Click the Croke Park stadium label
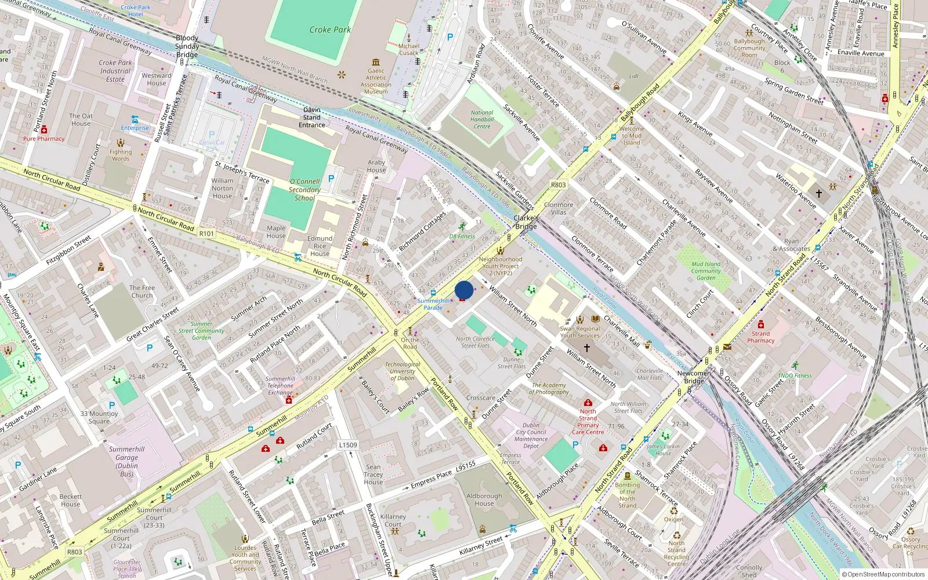coord(329,30)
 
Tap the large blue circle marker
coord(464,290)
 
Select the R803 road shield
coord(558,185)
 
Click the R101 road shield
coord(206,234)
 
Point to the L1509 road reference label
coord(348,445)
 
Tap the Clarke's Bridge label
coord(526,222)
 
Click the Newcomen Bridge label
coord(694,377)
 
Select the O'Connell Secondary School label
coord(304,190)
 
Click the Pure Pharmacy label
coord(44,139)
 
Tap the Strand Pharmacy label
coord(760,337)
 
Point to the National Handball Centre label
coord(482,119)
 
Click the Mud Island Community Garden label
coord(706,271)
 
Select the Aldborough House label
coord(484,499)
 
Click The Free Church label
coord(142,291)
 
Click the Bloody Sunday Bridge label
coord(187,46)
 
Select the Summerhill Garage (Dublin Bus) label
coord(126,461)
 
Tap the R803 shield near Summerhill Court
coord(74,552)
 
